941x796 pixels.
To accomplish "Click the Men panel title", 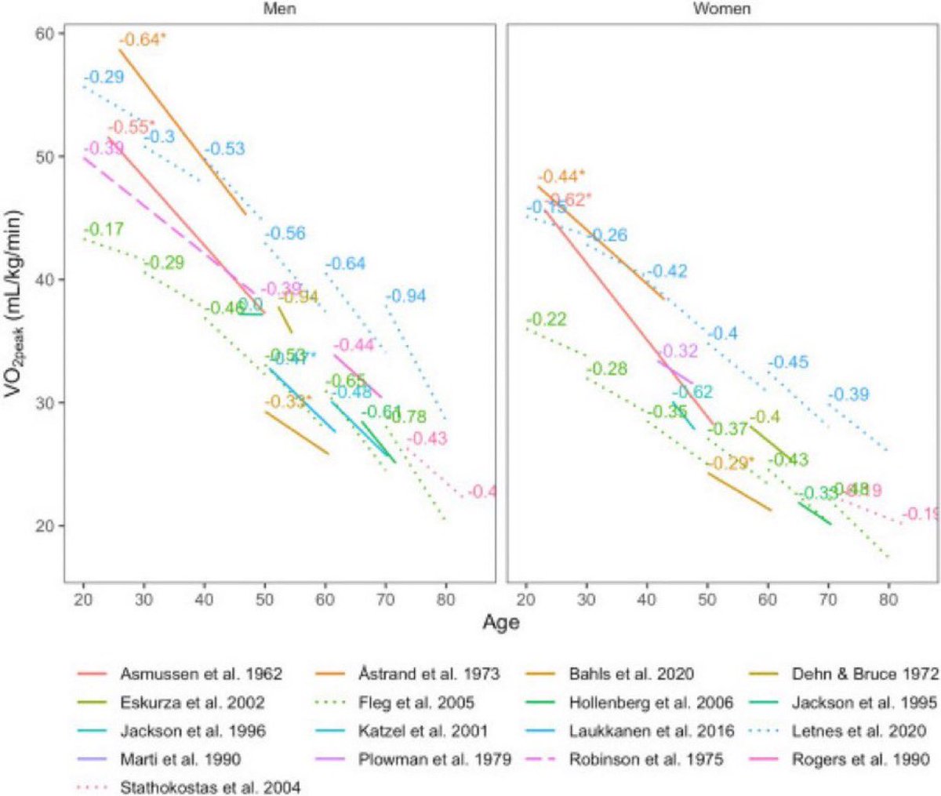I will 280,9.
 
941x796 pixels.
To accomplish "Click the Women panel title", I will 721,9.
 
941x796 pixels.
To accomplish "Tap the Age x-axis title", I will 500,622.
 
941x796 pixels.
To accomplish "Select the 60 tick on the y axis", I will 49,34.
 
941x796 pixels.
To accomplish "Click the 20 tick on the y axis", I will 49,525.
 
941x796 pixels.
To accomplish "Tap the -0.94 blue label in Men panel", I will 405,296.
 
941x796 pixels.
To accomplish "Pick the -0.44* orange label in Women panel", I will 561,176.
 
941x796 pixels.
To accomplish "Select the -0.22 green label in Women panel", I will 547,319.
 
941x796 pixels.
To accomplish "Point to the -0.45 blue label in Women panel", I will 788,362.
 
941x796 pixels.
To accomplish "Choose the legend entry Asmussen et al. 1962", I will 201,674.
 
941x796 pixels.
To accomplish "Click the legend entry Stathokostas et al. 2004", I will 210,787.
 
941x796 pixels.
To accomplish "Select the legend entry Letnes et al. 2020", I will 859,730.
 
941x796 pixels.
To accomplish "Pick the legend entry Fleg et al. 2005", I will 416,702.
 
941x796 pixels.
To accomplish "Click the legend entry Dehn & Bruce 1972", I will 864,674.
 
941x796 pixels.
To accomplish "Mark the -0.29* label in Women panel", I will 730,463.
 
